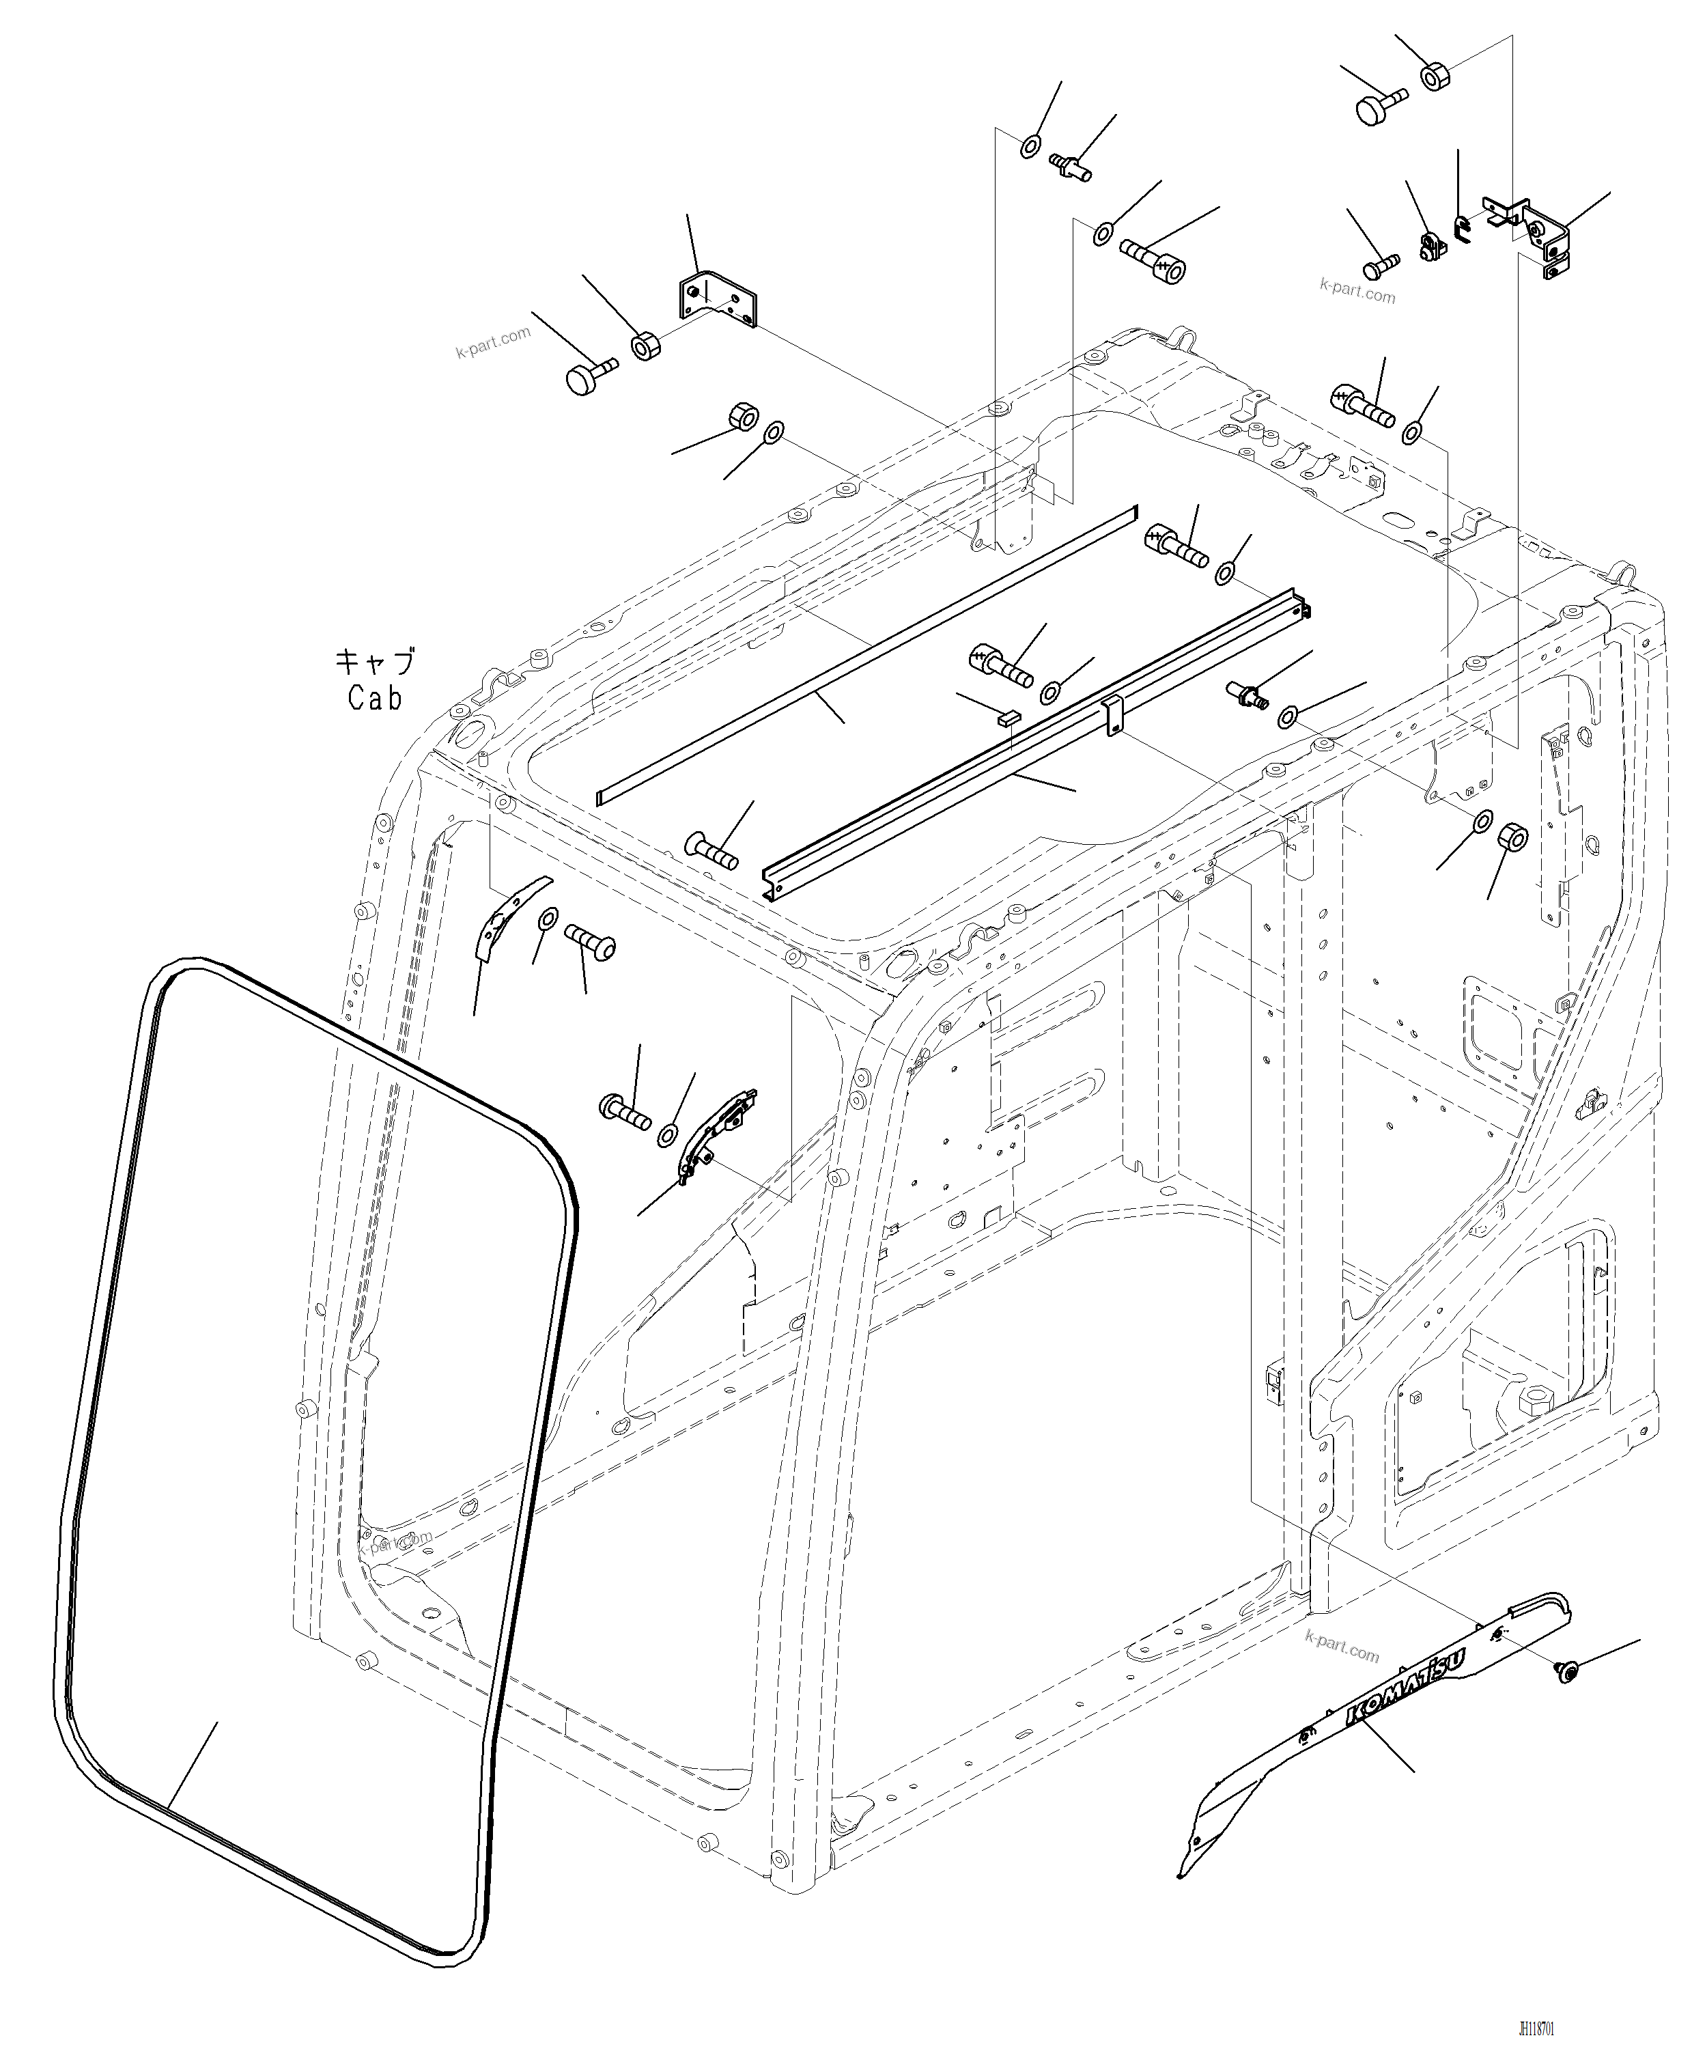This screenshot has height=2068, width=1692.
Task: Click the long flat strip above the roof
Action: click(x=867, y=654)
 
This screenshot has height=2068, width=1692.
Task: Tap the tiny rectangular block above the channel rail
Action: click(x=1008, y=716)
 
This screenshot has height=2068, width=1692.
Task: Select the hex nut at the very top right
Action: click(x=1434, y=75)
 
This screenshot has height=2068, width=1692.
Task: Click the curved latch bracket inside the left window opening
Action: click(x=716, y=1136)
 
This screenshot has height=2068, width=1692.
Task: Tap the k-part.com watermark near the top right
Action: click(x=1357, y=290)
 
